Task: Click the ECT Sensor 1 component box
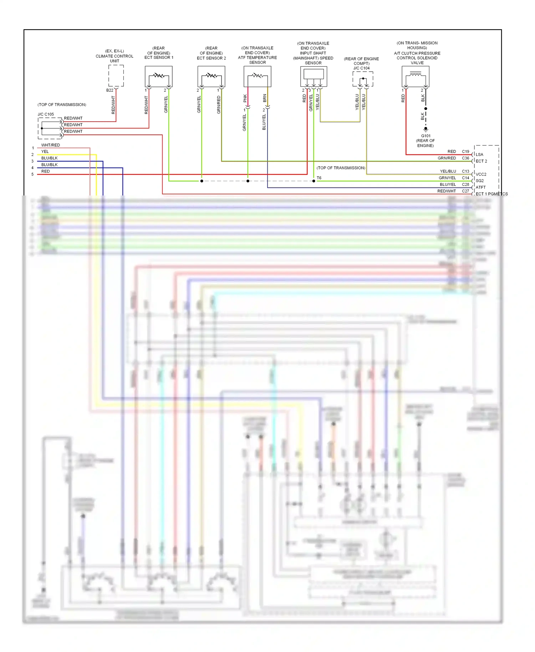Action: (159, 76)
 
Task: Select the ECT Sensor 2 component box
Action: (211, 76)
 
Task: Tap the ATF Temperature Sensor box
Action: (257, 76)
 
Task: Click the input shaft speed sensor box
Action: (314, 76)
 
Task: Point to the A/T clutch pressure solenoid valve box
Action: (416, 76)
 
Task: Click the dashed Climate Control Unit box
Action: (116, 76)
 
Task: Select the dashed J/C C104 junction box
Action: (363, 79)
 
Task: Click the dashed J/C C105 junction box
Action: (50, 128)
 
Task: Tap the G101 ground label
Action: (426, 136)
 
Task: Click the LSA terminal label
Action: (479, 154)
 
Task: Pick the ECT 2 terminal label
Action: (481, 161)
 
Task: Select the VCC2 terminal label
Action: (481, 174)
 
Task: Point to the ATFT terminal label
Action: (480, 187)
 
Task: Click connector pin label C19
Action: (465, 152)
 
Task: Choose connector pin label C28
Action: (465, 184)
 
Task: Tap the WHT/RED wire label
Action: (51, 145)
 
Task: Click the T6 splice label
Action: (319, 178)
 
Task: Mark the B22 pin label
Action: (109, 90)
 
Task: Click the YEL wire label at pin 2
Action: (45, 152)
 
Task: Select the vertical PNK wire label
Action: (245, 98)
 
